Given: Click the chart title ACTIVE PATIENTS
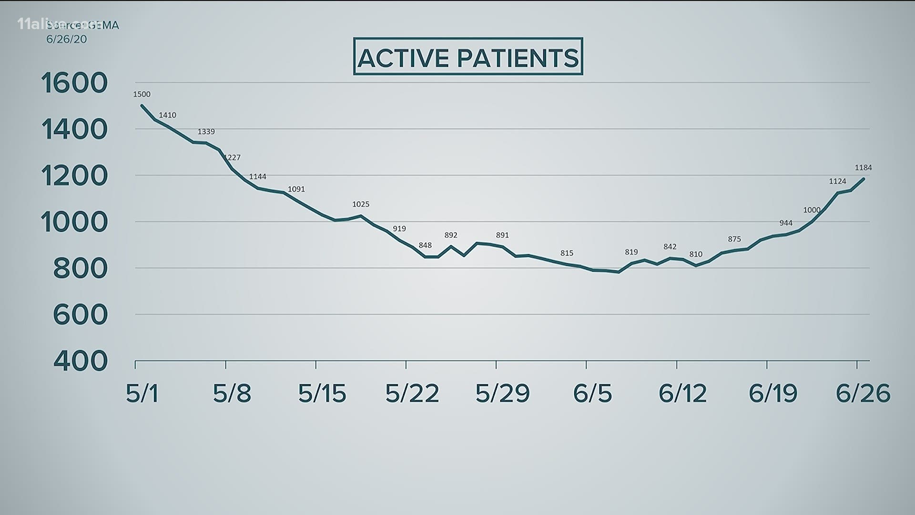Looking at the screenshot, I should [468, 57].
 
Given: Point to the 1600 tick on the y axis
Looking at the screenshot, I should [74, 83].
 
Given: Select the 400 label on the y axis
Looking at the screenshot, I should [80, 361].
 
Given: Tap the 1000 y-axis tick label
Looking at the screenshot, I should [74, 222].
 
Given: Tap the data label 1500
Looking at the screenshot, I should [142, 94].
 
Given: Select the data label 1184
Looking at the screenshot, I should [863, 168].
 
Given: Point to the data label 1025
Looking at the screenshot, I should [361, 204].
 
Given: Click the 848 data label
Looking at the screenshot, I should [425, 246].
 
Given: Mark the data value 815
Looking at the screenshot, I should [567, 253].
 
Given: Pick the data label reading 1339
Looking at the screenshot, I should [206, 132].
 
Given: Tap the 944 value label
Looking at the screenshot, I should [786, 223].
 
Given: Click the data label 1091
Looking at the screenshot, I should [296, 189].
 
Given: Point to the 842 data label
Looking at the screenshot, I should [670, 247].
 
